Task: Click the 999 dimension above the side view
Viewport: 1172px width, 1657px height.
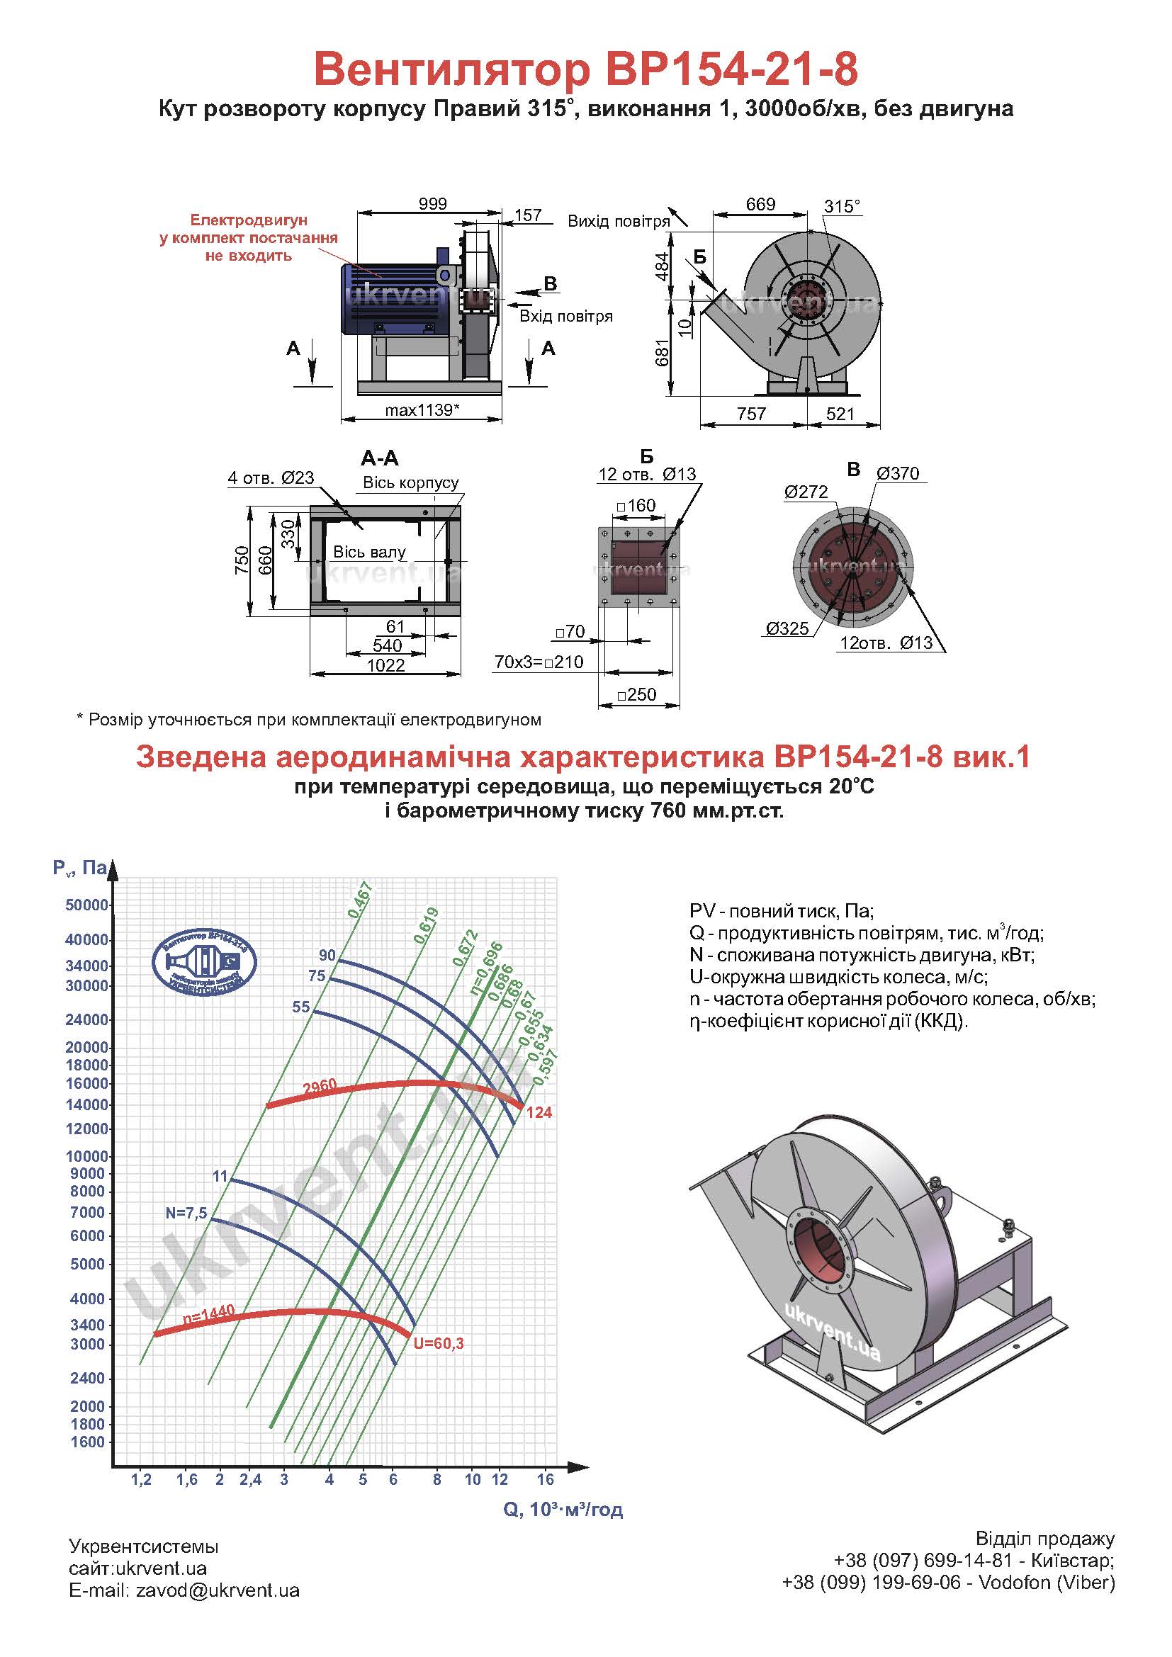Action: point(433,203)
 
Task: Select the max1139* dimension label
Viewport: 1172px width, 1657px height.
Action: point(422,410)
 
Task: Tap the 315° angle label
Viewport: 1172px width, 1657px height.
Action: point(843,206)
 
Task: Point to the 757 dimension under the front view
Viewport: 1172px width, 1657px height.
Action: point(751,414)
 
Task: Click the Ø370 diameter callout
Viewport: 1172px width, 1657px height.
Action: point(898,473)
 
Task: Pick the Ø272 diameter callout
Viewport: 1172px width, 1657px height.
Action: point(806,492)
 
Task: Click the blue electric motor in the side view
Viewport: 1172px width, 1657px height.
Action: point(393,298)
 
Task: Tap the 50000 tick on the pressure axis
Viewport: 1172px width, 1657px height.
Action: point(86,905)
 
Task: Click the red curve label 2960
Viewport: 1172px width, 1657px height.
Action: point(320,1087)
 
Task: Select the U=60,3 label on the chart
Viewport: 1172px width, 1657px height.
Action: point(438,1343)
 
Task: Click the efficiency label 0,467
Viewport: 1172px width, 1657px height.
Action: point(359,900)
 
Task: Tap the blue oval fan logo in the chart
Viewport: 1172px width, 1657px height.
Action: point(204,963)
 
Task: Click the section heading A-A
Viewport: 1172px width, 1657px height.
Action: point(380,458)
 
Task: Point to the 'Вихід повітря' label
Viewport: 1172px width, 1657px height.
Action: point(619,222)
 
